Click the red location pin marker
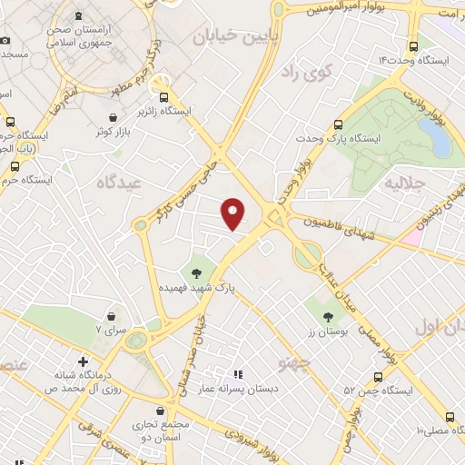(x=234, y=213)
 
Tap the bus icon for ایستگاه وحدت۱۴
(x=414, y=46)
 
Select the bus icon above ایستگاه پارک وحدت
(x=339, y=124)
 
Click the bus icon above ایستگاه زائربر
(x=164, y=97)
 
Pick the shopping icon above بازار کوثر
(x=113, y=117)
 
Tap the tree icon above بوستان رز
(x=328, y=317)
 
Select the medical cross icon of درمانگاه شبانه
(x=84, y=361)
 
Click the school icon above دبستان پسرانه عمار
(x=238, y=373)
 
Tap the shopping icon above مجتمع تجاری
(x=161, y=411)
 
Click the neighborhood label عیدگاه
(x=121, y=183)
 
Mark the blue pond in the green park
(x=433, y=138)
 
